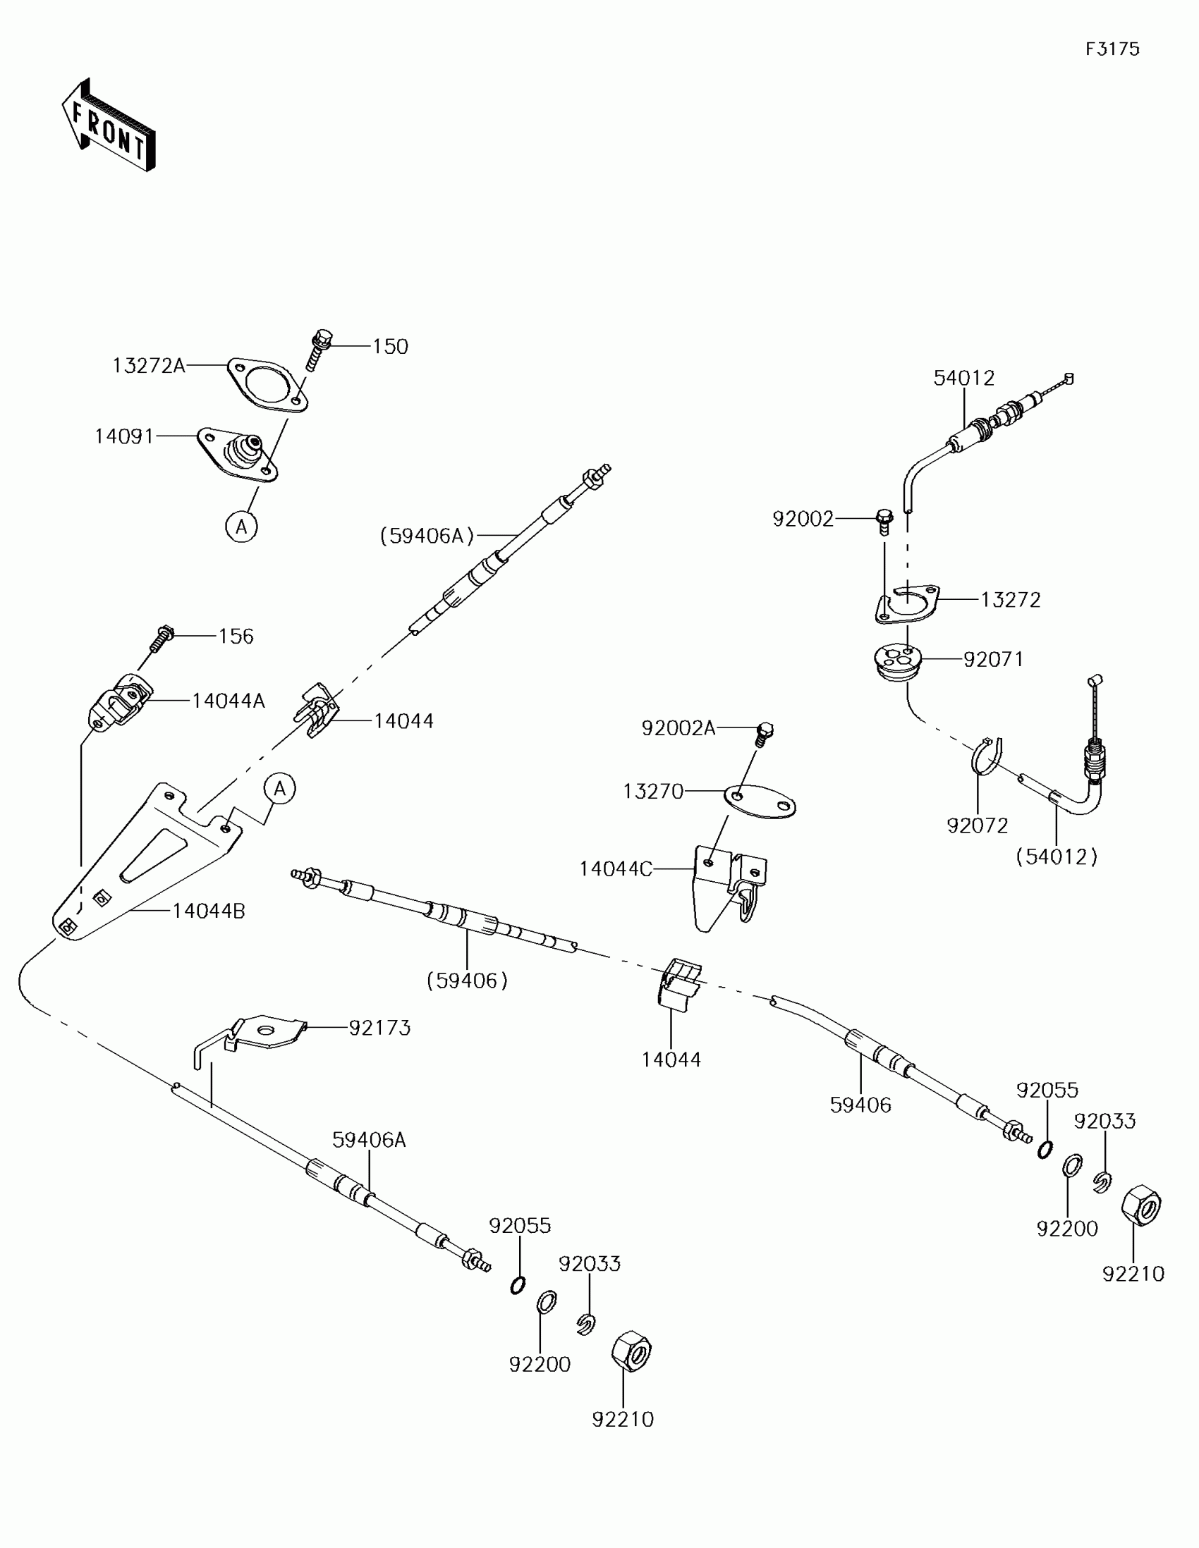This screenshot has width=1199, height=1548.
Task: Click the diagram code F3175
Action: coord(1112,49)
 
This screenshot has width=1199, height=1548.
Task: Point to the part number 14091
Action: coord(124,436)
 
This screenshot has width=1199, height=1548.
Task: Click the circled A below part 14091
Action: coord(241,527)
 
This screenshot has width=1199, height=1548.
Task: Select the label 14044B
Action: coord(209,911)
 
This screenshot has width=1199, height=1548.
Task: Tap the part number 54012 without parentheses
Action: coord(963,379)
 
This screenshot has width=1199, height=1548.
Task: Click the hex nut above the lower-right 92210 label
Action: coord(1141,1205)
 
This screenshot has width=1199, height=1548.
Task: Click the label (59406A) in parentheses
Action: coord(427,536)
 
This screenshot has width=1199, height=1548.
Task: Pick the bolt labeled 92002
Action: coord(884,521)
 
